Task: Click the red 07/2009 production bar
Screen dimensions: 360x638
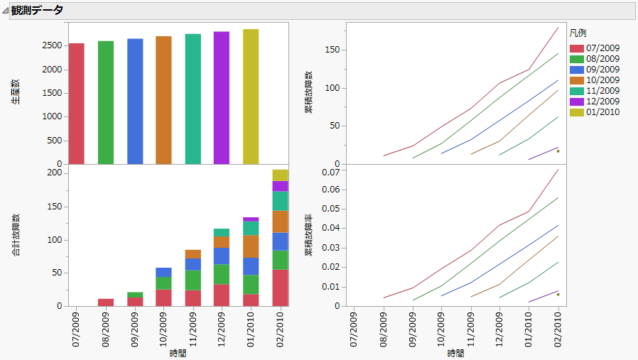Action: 77,104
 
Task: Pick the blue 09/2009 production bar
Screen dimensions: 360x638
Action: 135,102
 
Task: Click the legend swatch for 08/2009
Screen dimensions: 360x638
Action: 576,59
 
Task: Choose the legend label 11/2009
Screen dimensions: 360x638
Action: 603,91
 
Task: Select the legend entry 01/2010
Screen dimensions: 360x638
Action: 603,112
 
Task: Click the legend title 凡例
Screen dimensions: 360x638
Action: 578,33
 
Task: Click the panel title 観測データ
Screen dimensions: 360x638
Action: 37,11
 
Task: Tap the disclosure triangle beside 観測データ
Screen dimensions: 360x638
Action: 5,11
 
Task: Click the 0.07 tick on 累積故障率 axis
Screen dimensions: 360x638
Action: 328,172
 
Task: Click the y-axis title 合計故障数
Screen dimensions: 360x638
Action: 15,234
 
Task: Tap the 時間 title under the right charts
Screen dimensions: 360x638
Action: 455,353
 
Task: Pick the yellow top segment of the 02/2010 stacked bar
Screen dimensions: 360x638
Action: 280,175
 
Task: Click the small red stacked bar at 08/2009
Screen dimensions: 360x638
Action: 106,302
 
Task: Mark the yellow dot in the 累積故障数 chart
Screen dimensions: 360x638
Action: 558,151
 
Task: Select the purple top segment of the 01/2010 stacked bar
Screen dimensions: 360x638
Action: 251,219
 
